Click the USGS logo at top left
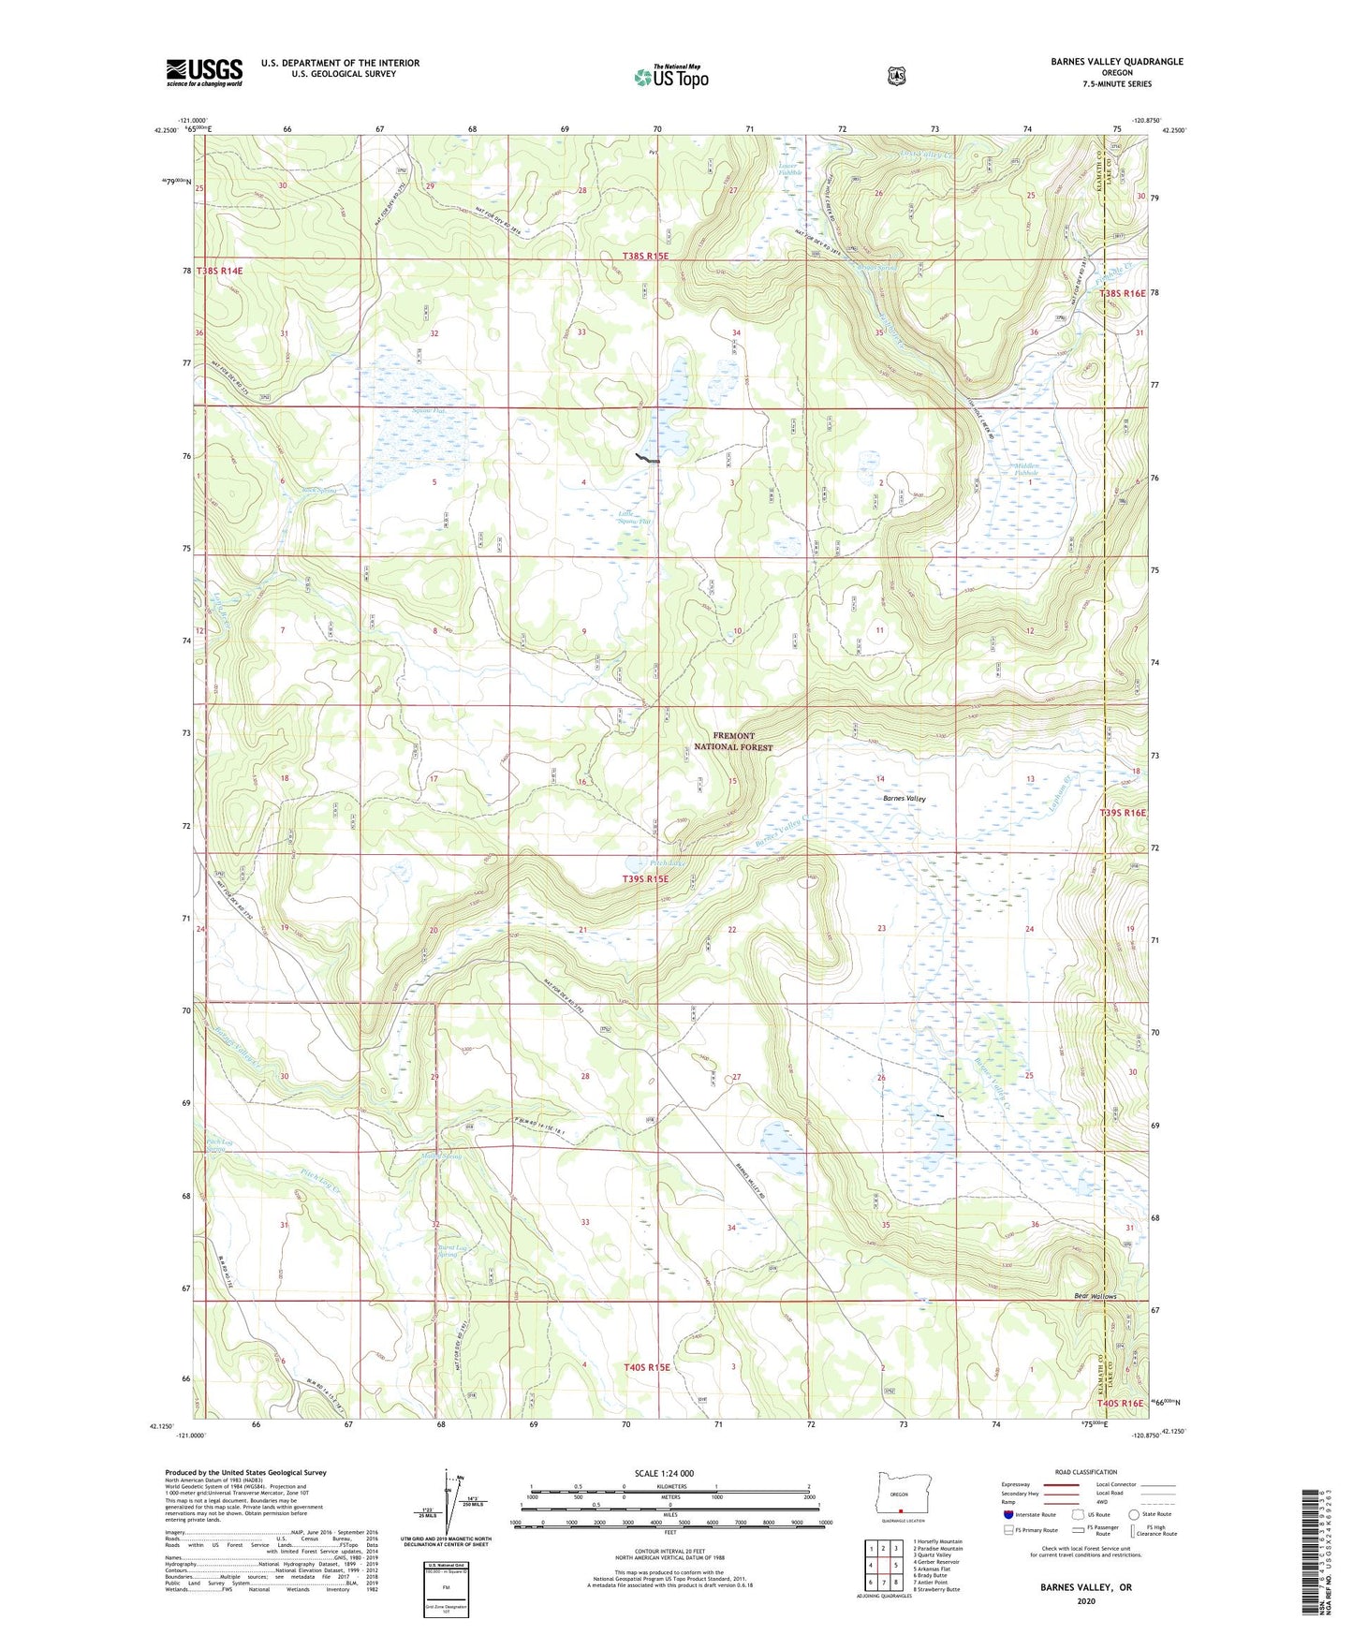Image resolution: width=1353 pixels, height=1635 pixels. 204,72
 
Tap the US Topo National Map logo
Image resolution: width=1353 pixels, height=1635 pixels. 669,77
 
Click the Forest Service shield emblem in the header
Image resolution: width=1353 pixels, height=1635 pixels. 897,75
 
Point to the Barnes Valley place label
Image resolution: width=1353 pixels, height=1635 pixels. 904,798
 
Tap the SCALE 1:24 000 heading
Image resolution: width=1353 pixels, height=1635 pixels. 664,1473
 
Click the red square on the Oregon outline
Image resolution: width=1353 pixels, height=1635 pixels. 901,1510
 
